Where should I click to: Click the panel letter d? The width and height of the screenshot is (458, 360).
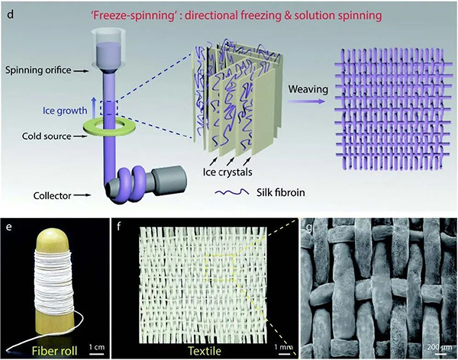pyautogui.click(x=10, y=14)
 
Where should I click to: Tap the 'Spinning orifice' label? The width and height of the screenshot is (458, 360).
pyautogui.click(x=38, y=70)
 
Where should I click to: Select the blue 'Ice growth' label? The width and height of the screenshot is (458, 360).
pyautogui.click(x=65, y=111)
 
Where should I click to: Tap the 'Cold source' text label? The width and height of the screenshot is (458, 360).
pyautogui.click(x=47, y=136)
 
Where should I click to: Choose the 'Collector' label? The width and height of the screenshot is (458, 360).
pyautogui.click(x=52, y=195)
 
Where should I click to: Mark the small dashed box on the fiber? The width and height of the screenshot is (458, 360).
pyautogui.click(x=108, y=108)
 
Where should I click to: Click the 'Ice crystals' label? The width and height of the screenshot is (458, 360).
pyautogui.click(x=227, y=172)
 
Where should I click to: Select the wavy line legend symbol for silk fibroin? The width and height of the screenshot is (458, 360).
pyautogui.click(x=232, y=192)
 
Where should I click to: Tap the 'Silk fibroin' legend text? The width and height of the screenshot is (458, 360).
pyautogui.click(x=281, y=192)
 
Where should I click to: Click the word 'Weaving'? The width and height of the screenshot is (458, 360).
pyautogui.click(x=308, y=89)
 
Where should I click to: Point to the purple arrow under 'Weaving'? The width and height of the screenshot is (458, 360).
pyautogui.click(x=306, y=101)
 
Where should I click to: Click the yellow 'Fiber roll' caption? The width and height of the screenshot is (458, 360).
pyautogui.click(x=55, y=350)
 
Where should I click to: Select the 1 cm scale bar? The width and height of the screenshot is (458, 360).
pyautogui.click(x=96, y=355)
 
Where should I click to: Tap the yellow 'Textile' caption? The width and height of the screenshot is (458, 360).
pyautogui.click(x=205, y=351)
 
